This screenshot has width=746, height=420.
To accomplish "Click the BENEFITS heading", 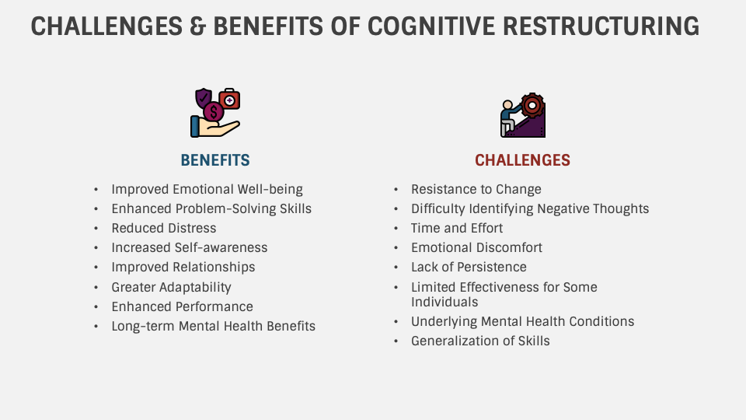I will click(x=215, y=161).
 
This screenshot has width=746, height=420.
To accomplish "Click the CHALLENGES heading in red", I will click(x=522, y=161).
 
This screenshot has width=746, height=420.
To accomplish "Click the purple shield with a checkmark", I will click(x=204, y=99).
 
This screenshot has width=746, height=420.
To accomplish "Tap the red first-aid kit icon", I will click(x=229, y=100).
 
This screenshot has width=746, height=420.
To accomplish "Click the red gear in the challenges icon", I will click(x=532, y=103).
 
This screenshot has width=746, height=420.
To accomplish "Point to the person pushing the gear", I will click(x=509, y=115).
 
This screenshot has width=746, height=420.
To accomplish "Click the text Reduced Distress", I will click(x=164, y=228).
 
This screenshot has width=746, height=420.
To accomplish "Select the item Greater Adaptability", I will click(x=172, y=286).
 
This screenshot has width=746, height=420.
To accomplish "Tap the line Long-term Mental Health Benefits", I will click(x=214, y=326).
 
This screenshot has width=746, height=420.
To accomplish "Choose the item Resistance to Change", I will click(x=476, y=189).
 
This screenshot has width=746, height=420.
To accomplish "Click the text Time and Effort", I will click(x=457, y=228).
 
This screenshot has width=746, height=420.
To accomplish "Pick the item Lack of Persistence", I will click(x=469, y=267).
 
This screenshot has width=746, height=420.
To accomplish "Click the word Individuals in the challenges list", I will click(x=444, y=302).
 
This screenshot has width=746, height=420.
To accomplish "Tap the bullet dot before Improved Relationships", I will click(x=96, y=268).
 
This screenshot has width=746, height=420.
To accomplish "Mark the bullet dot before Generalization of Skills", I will click(x=396, y=341).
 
